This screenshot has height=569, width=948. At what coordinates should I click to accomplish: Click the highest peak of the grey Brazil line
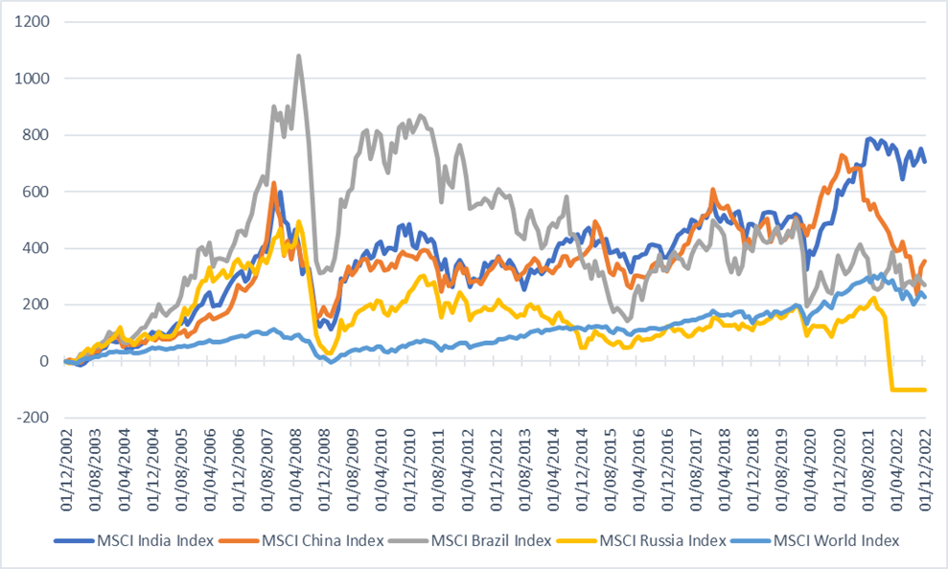click(299, 56)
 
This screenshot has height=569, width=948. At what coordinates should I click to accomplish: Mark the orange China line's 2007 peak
click(274, 183)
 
